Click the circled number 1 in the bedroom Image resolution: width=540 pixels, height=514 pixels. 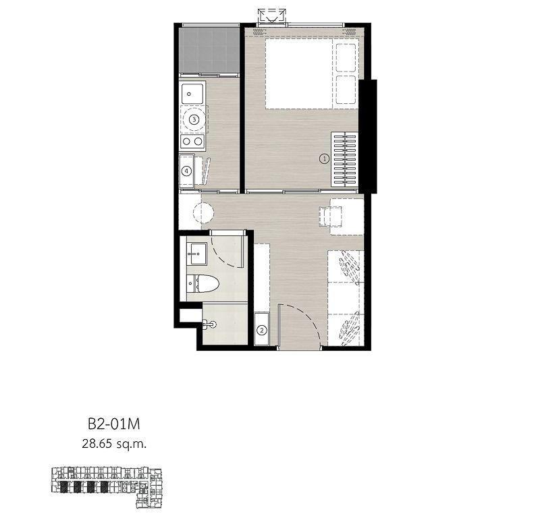324,159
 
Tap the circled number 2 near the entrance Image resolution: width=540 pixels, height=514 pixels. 262,331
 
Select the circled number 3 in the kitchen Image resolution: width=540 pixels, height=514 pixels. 194,119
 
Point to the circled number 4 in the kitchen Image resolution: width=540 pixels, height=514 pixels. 187,171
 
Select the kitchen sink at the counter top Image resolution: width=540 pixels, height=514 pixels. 193,93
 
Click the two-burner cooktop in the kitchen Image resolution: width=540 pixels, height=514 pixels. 193,142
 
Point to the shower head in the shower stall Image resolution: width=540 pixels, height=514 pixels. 213,324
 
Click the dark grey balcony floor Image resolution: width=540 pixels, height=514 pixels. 210,50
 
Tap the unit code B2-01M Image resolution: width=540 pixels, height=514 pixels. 113,424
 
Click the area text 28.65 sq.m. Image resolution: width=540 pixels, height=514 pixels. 113,443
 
